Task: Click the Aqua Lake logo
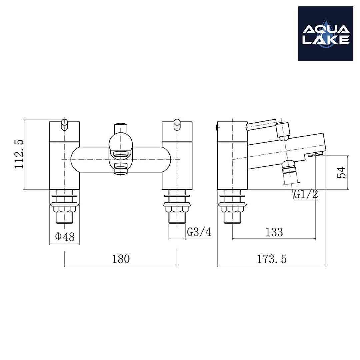(325, 34)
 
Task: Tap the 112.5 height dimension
(19, 154)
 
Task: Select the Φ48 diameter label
(65, 237)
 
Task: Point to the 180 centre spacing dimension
(121, 259)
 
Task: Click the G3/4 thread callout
(199, 232)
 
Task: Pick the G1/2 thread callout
(306, 194)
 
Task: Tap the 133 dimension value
(274, 232)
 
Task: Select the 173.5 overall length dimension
(271, 259)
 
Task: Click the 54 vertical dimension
(341, 172)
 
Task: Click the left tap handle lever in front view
(65, 123)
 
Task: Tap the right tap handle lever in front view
(177, 123)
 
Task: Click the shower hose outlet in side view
(289, 167)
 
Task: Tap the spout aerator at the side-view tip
(315, 154)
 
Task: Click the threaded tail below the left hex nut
(64, 218)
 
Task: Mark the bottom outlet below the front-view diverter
(121, 169)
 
